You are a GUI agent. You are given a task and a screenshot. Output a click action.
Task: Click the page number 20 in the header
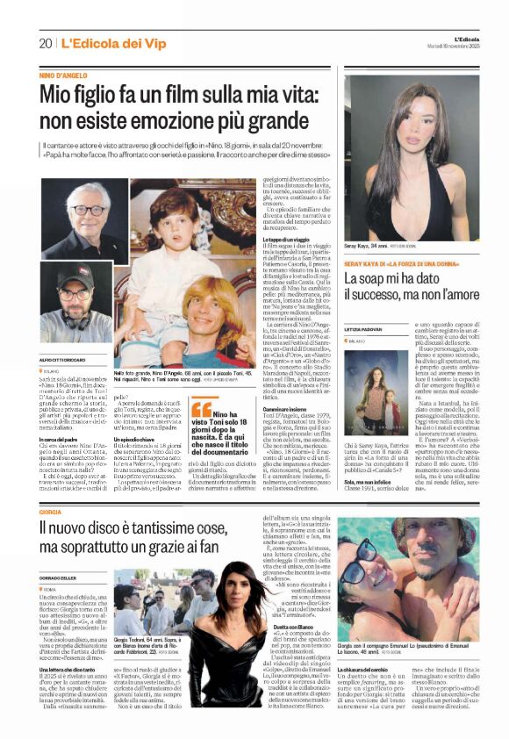(x=45, y=43)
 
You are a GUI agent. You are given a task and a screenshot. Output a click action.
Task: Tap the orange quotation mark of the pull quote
(x=200, y=410)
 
